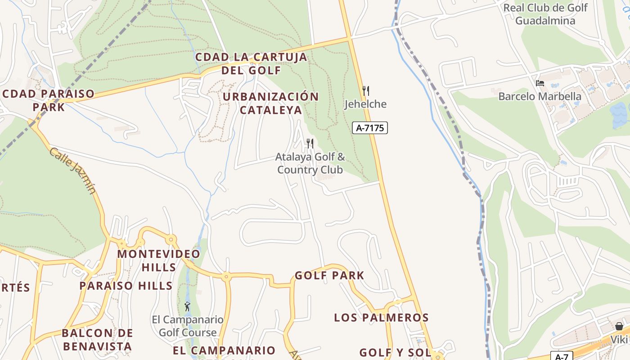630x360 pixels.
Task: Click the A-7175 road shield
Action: click(369, 128)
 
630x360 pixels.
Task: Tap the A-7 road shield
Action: click(562, 356)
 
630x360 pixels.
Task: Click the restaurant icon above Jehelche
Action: click(366, 91)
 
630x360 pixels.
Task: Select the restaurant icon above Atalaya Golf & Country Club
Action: click(310, 144)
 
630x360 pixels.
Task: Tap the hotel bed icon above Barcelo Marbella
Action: click(540, 83)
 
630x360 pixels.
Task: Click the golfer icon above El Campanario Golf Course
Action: click(187, 307)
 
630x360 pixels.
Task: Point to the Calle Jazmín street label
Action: click(72, 170)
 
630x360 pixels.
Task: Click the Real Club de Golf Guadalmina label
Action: click(545, 14)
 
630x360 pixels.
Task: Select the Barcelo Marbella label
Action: click(540, 96)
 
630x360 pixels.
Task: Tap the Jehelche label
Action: click(365, 104)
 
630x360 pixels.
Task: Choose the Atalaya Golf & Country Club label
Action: click(310, 163)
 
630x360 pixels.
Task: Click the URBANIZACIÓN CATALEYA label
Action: click(270, 103)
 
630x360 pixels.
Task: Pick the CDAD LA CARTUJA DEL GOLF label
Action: click(251, 63)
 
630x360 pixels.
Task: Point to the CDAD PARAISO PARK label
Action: click(49, 100)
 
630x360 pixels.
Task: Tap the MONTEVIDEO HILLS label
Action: click(159, 260)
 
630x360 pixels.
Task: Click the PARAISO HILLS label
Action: click(126, 286)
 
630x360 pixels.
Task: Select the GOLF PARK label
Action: click(329, 275)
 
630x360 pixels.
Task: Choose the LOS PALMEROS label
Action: click(381, 318)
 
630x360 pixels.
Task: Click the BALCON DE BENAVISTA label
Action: click(97, 340)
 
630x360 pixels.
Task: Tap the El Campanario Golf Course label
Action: click(188, 326)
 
